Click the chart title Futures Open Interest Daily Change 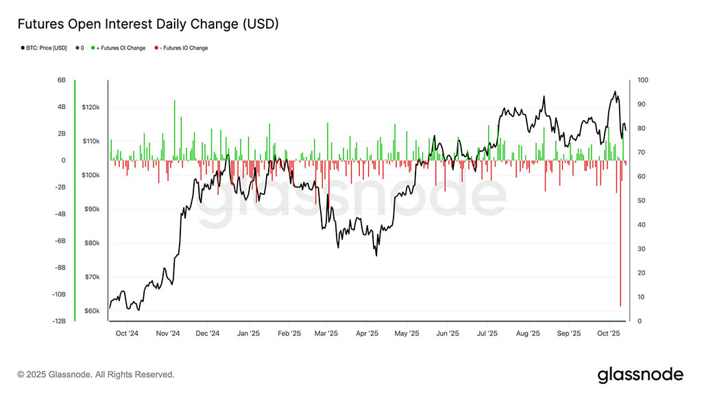coord(147,24)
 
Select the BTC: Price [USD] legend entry coord(45,48)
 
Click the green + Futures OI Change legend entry coord(121,48)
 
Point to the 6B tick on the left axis coord(62,80)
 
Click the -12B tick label coord(60,321)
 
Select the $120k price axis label coord(92,108)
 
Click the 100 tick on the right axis coord(642,80)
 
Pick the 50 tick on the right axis coord(641,200)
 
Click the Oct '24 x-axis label coord(127,334)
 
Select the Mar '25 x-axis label coord(326,334)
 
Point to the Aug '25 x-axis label coord(527,334)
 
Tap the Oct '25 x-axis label coord(608,334)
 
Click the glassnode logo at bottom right coord(640,374)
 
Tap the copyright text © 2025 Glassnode coord(96,374)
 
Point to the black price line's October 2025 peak coord(615,91)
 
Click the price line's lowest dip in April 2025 coord(376,256)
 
